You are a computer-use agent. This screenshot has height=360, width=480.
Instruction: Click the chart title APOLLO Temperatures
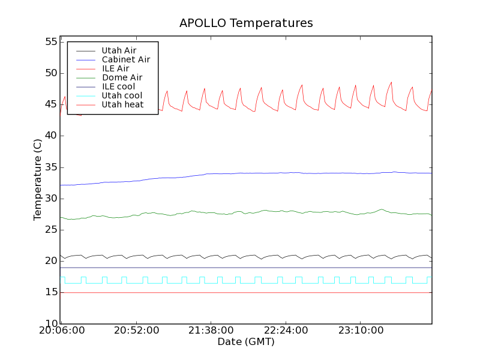pyautogui.click(x=246, y=23)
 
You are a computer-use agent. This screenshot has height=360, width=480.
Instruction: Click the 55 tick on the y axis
pyautogui.click(x=50, y=42)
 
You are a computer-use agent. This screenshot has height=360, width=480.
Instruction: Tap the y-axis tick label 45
pyautogui.click(x=50, y=104)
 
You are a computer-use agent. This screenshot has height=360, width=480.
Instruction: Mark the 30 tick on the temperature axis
pyautogui.click(x=50, y=199)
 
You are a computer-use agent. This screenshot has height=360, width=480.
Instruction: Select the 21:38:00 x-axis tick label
pyautogui.click(x=210, y=331)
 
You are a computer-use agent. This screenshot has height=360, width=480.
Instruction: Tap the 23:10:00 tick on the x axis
pyautogui.click(x=359, y=331)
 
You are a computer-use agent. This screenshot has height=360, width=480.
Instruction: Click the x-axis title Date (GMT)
pyautogui.click(x=246, y=342)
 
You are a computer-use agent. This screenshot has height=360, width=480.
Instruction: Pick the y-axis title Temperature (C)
pyautogui.click(x=38, y=180)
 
